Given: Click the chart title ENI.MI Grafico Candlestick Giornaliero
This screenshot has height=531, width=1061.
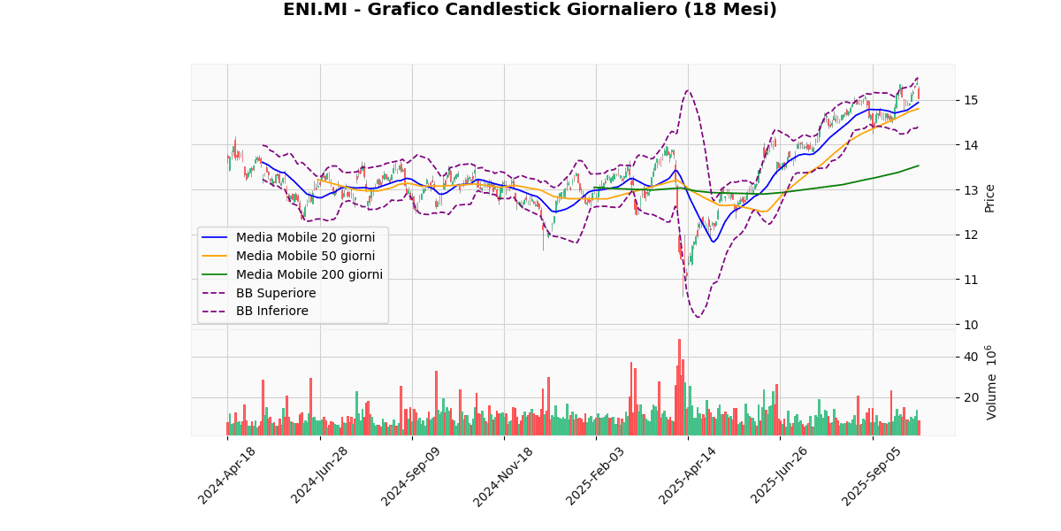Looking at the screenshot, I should tap(530, 10).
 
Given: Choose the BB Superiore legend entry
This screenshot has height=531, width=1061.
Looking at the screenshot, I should tap(276, 293).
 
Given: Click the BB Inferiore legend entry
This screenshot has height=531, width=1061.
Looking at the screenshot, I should tap(272, 312).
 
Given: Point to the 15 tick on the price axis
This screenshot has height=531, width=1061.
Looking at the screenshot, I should tap(971, 100).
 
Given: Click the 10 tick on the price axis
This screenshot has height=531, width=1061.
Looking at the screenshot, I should tap(971, 325).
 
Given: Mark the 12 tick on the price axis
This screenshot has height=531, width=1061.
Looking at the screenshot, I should tap(971, 235).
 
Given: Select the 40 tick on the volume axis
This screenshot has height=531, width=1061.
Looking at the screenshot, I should tap(971, 357).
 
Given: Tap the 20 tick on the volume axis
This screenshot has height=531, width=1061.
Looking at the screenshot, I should tap(971, 397).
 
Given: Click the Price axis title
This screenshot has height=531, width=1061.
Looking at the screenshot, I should tap(990, 197).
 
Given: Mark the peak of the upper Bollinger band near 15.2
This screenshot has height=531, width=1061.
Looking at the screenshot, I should tap(688, 90).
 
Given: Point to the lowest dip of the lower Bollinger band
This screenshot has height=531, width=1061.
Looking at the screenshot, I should tap(698, 317).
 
